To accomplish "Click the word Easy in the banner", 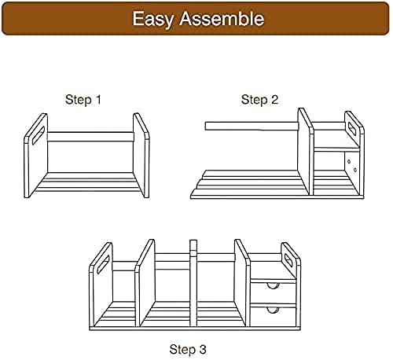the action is pos(153,19).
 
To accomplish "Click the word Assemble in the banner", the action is pos(222,18).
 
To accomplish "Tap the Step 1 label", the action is pos(83,100).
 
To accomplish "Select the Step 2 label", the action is pos(259,100).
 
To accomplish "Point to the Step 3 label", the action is pos(188,350).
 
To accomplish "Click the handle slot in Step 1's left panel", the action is pos(39,135).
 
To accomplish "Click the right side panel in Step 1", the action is pos(141,155).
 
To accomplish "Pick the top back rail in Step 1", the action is pos(90,137).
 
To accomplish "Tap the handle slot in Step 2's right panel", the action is pos(351,127).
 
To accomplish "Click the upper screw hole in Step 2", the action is pos(349,161).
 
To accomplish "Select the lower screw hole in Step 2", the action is pos(355,170).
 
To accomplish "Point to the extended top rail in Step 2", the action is pos(252,126).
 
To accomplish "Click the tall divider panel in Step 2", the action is pos(306,152).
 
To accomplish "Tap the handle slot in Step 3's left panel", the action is pos(103,265).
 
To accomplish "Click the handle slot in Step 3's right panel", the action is pos(289,259).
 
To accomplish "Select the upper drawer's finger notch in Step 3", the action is pos(273,285).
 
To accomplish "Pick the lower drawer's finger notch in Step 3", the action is pos(274,310).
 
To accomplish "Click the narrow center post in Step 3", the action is pos(193,283).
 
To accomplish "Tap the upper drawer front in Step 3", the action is pos(274,293).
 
